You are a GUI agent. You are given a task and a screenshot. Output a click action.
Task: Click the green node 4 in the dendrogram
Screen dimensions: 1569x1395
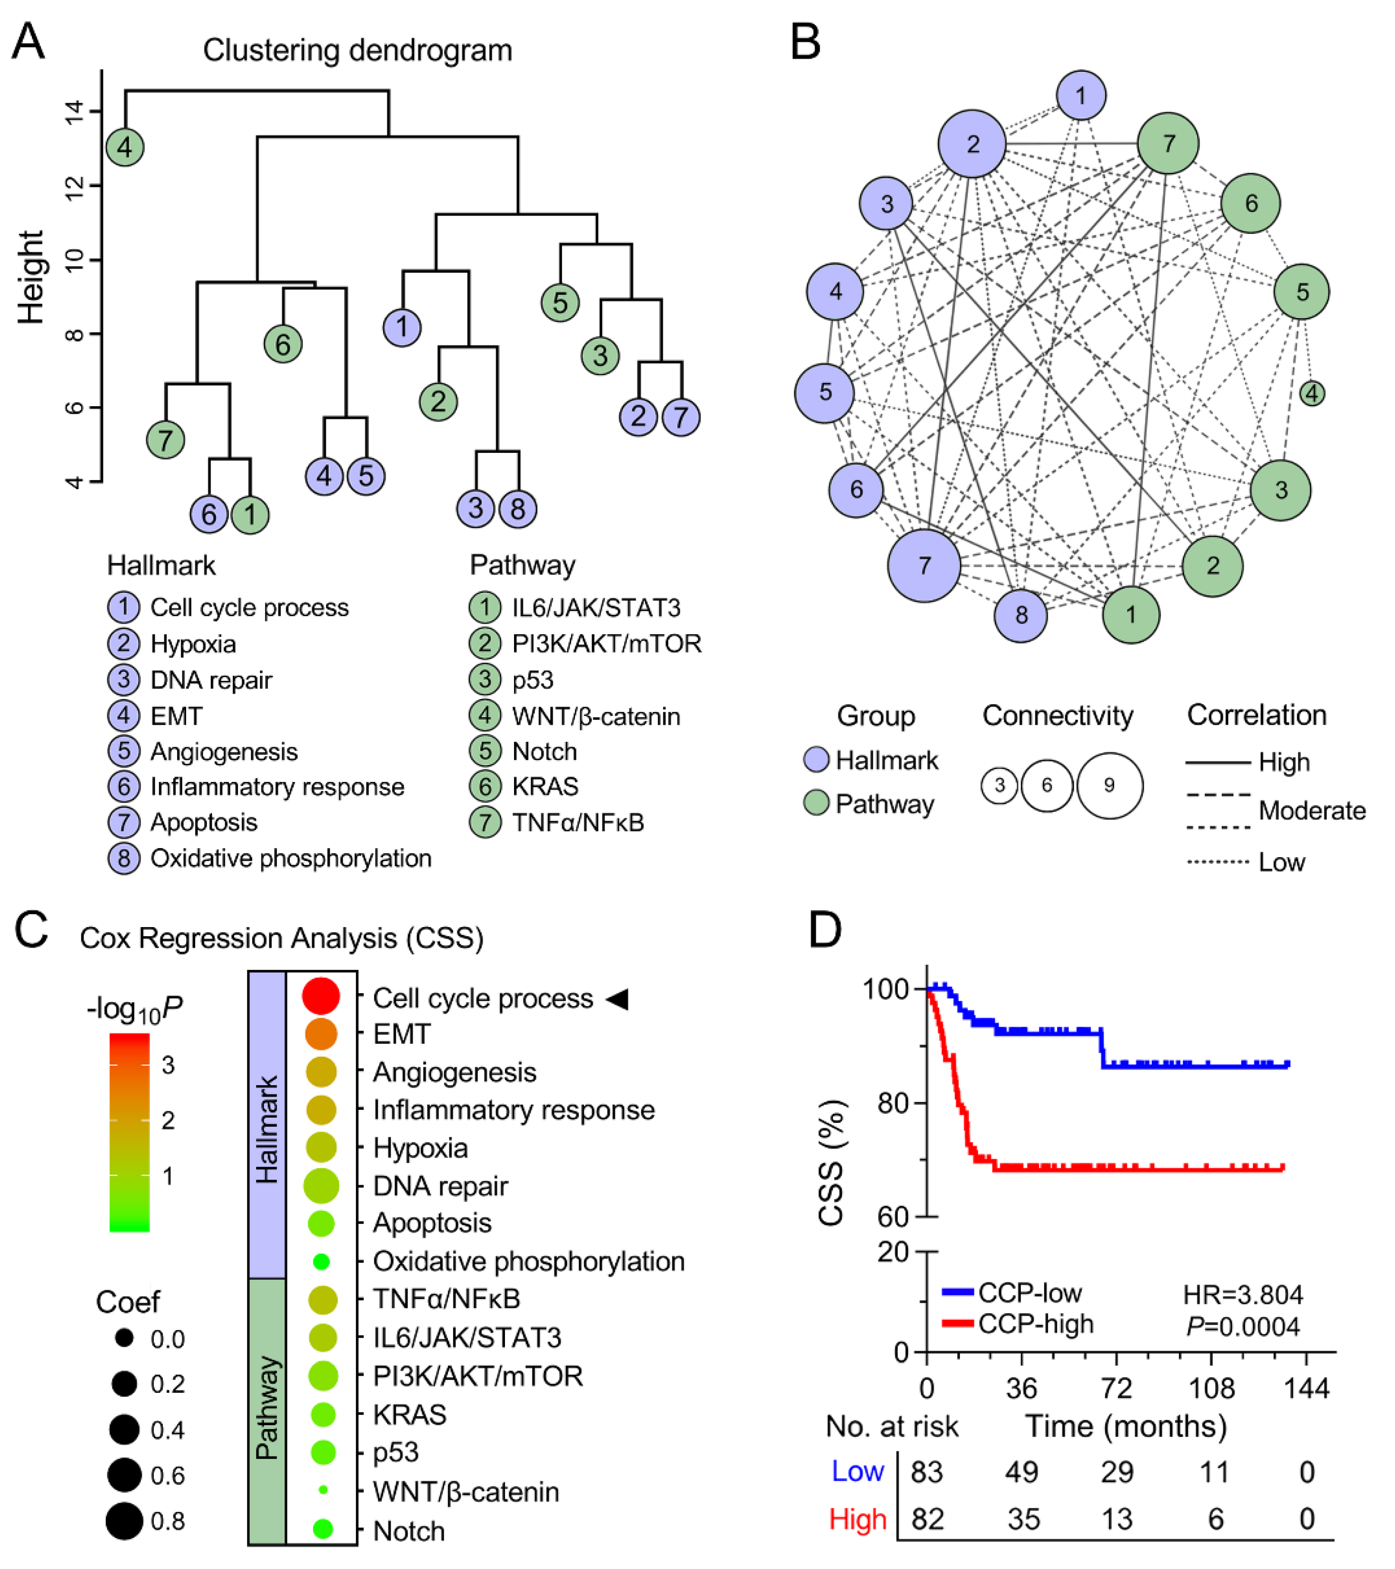pos(125,147)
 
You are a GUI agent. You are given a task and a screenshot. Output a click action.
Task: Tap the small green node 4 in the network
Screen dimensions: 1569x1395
pos(1312,393)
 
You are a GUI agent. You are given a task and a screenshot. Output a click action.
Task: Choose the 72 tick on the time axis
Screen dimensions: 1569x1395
pos(1117,1389)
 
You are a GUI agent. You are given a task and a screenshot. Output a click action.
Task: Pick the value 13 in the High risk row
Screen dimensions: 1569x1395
pos(1117,1519)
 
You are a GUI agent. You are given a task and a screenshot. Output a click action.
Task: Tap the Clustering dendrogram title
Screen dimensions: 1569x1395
pos(357,50)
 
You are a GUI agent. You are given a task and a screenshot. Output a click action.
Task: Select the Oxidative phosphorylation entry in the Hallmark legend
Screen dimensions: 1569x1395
pos(290,858)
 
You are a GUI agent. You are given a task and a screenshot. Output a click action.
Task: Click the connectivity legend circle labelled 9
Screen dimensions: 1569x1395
pos(1109,785)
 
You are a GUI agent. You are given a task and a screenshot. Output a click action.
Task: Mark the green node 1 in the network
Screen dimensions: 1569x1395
pos(1130,614)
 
